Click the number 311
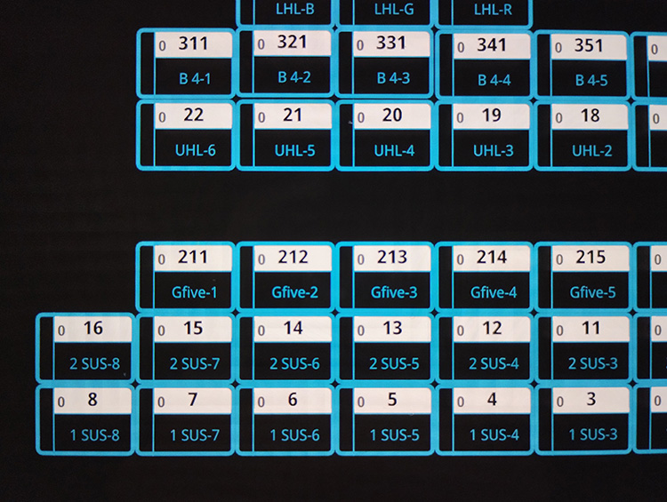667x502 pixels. click(193, 44)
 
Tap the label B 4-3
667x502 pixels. click(393, 78)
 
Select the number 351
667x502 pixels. click(588, 44)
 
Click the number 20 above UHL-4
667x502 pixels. click(392, 116)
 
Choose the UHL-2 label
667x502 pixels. click(591, 151)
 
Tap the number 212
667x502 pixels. click(293, 258)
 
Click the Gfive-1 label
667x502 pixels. click(194, 292)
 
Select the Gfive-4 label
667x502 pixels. click(493, 292)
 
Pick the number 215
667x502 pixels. click(591, 258)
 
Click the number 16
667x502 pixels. click(93, 329)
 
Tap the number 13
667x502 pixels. click(392, 329)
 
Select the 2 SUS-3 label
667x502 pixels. click(593, 363)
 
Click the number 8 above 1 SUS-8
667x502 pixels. click(92, 400)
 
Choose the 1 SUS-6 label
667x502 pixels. click(294, 434)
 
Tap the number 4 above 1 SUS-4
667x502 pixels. click(492, 400)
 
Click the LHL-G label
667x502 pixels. click(393, 11)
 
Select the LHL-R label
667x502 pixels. click(493, 11)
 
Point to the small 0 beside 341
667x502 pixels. click(459, 48)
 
